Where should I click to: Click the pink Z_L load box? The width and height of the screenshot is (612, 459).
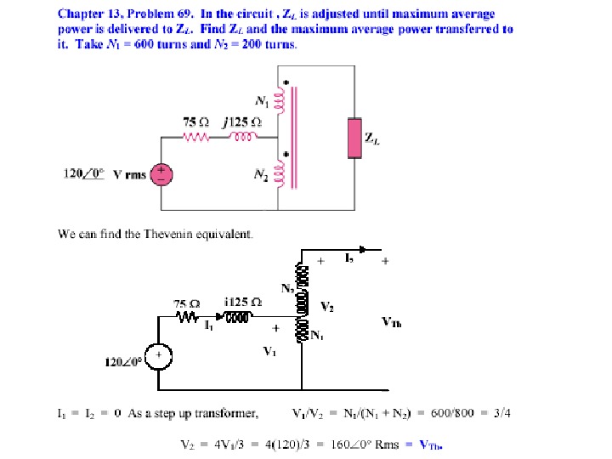(354, 139)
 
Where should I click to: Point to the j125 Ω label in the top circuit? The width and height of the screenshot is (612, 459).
(243, 122)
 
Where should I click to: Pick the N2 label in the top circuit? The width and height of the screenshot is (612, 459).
(260, 173)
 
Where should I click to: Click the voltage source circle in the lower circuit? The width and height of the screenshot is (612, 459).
(158, 356)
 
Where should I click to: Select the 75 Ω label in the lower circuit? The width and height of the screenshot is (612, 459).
(187, 303)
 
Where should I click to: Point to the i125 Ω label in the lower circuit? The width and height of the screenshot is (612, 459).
(243, 303)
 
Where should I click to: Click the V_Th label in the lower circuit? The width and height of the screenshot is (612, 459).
(392, 322)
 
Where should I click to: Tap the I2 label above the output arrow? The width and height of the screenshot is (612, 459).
(350, 256)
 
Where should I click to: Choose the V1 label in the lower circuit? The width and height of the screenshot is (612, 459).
(269, 350)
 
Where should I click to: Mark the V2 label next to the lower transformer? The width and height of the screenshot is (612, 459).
(326, 306)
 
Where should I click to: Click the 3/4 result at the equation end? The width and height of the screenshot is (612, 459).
(501, 414)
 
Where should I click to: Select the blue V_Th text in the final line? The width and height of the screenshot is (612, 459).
(433, 444)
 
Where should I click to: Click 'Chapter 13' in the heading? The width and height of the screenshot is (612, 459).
(84, 14)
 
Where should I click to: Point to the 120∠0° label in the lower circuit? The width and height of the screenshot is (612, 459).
(122, 363)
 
